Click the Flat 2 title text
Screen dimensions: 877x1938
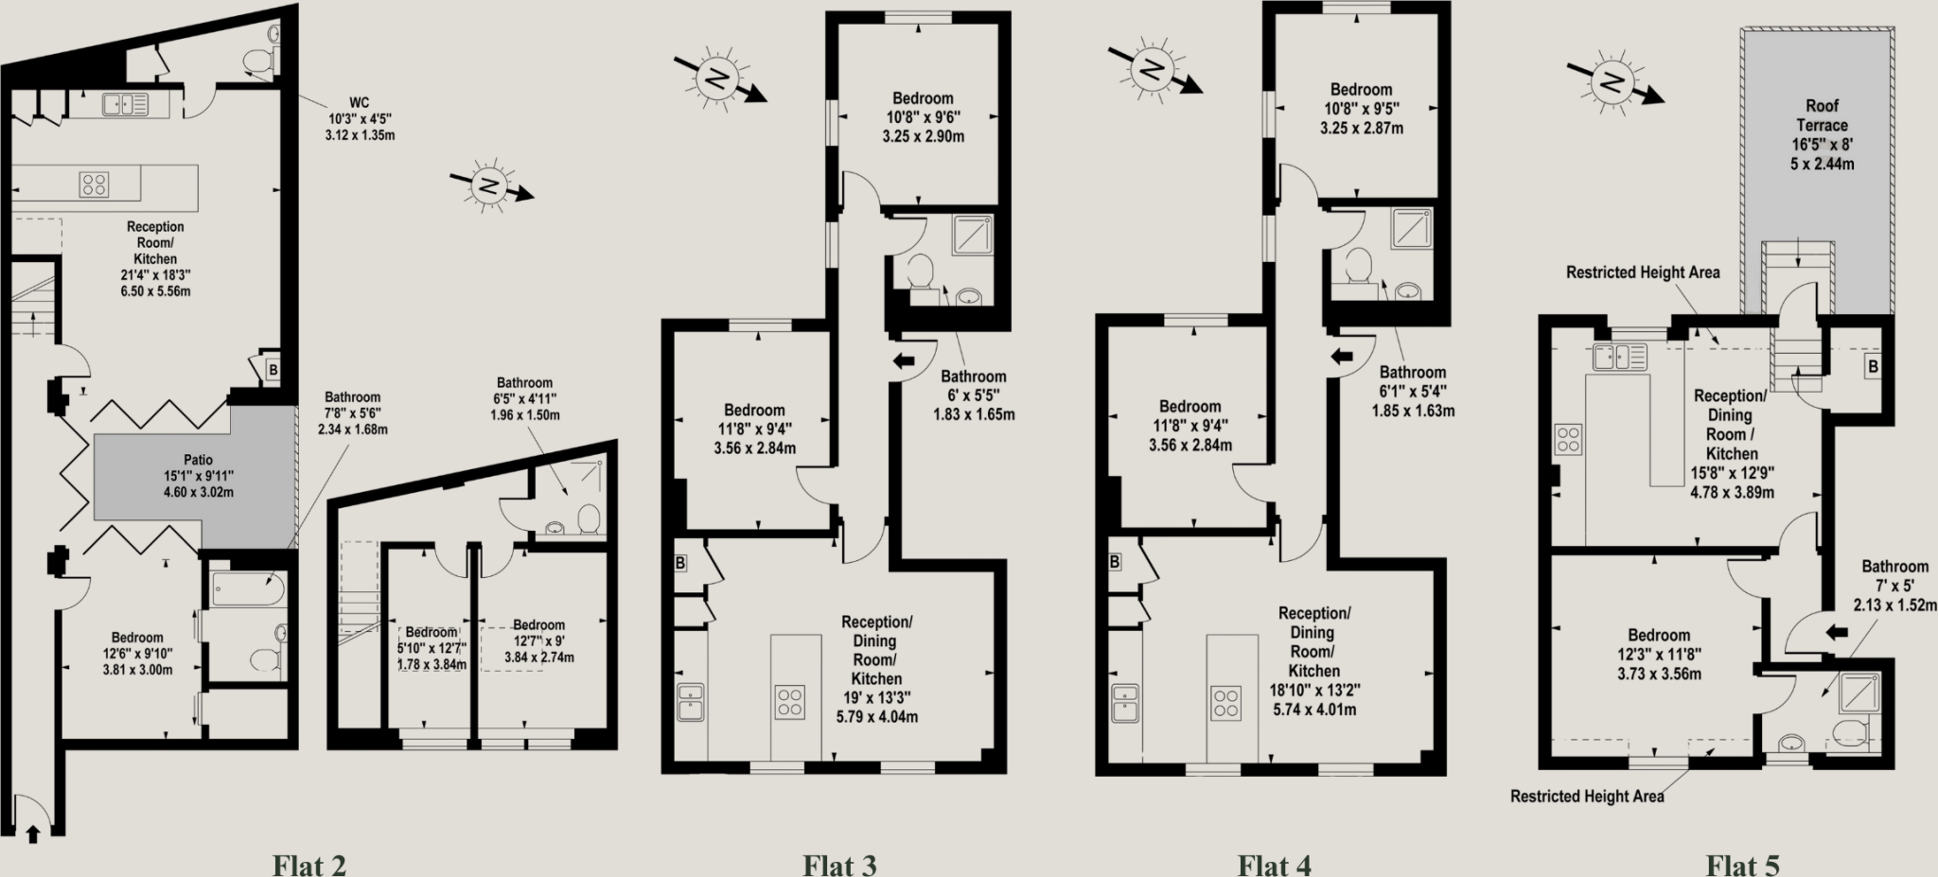(x=309, y=865)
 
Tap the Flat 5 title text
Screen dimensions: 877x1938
(x=1742, y=865)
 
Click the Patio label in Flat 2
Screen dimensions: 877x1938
(x=199, y=459)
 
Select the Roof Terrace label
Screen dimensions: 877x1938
(x=1822, y=115)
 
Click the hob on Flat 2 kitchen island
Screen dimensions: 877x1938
(x=94, y=184)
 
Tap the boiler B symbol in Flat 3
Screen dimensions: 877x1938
(x=679, y=563)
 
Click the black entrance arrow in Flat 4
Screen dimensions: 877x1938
(x=1342, y=357)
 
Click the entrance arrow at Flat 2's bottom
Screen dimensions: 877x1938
(x=33, y=833)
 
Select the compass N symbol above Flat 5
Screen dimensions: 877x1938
(x=1609, y=85)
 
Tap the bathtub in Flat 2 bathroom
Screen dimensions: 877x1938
(x=245, y=588)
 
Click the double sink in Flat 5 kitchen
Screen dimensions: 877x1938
(x=1619, y=357)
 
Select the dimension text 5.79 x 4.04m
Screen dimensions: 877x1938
(x=876, y=717)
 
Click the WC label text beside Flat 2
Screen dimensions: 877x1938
(x=360, y=102)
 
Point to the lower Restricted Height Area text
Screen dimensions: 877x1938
(x=1587, y=797)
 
